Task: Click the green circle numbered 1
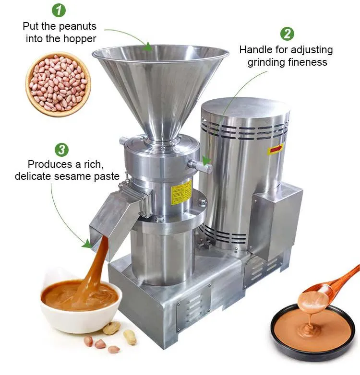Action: (59, 10)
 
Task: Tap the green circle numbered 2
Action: (287, 34)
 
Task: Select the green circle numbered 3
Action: (61, 150)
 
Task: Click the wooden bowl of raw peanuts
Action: (58, 84)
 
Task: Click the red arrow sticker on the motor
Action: (275, 149)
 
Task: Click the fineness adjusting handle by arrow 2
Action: (200, 165)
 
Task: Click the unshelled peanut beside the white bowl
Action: (111, 328)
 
